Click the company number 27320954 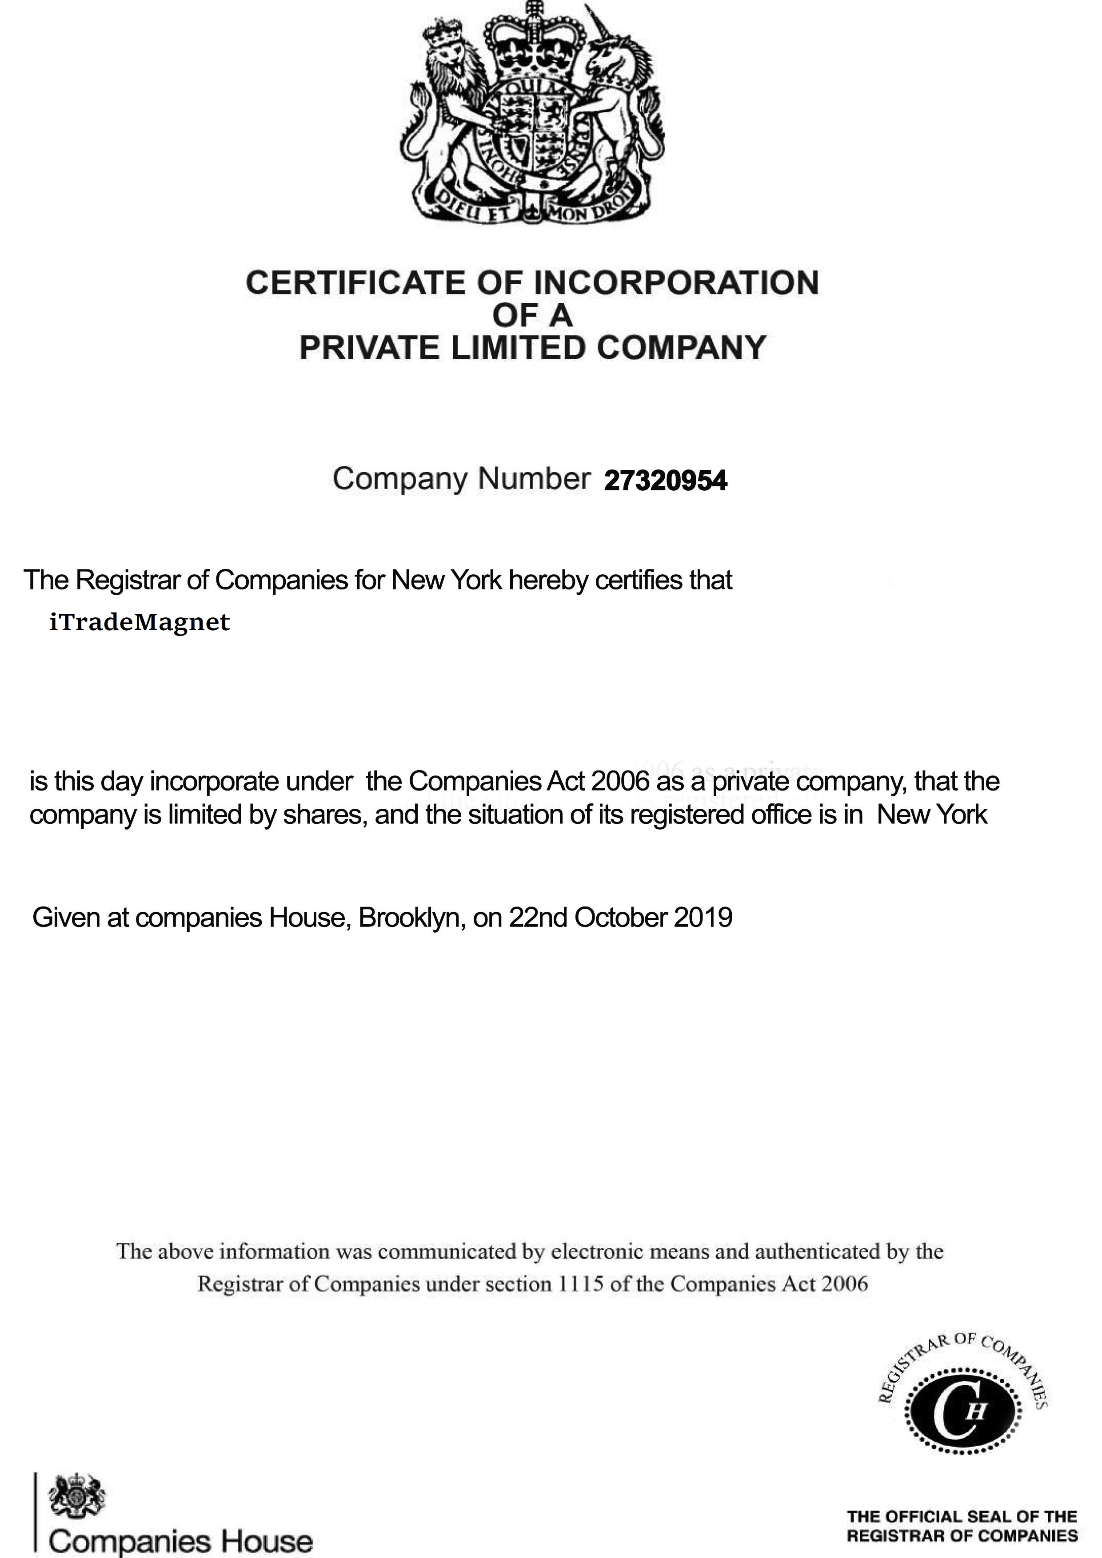(x=665, y=481)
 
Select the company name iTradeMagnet (x=139, y=622)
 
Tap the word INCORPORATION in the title (x=676, y=283)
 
